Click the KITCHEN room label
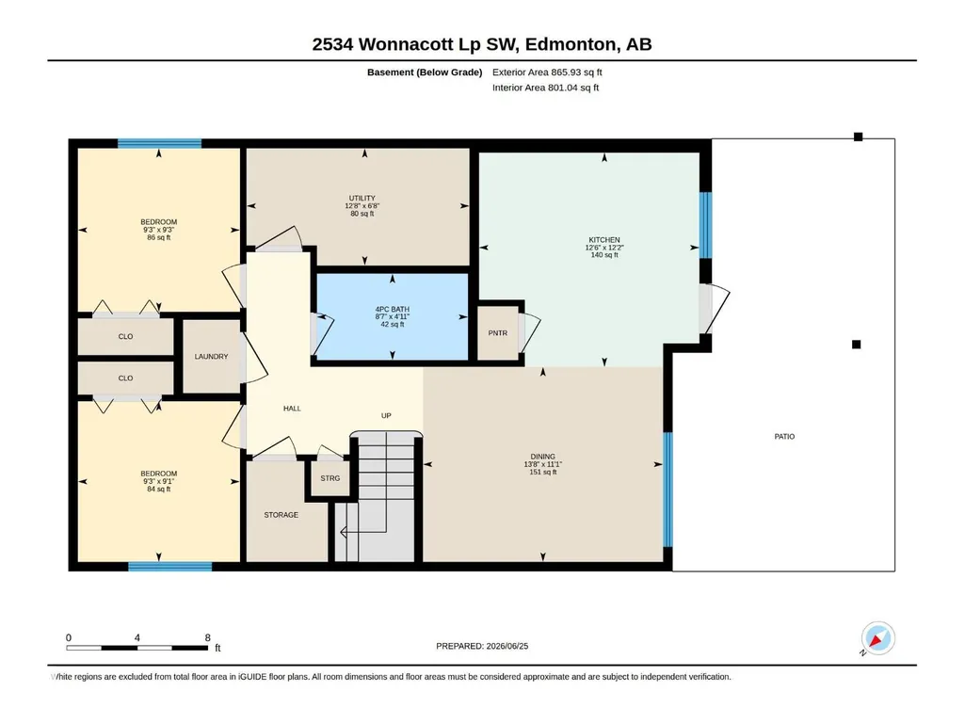click(x=603, y=240)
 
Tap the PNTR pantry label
click(x=498, y=333)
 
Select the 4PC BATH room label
click(x=392, y=310)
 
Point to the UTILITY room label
click(x=362, y=199)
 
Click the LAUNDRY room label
click(x=211, y=357)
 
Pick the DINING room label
click(x=543, y=457)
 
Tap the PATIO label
click(x=784, y=437)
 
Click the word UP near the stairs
click(x=386, y=415)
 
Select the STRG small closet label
click(x=330, y=478)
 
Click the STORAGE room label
click(x=281, y=515)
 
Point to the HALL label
click(x=292, y=409)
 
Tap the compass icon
click(x=877, y=638)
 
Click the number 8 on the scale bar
click(x=208, y=637)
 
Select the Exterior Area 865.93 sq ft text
click(x=547, y=72)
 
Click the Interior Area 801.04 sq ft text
click(x=545, y=88)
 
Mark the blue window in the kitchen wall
click(x=706, y=225)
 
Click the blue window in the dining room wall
click(x=667, y=491)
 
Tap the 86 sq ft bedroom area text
click(x=159, y=237)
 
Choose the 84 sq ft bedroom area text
click(x=159, y=490)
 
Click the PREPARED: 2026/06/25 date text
click(x=482, y=646)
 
